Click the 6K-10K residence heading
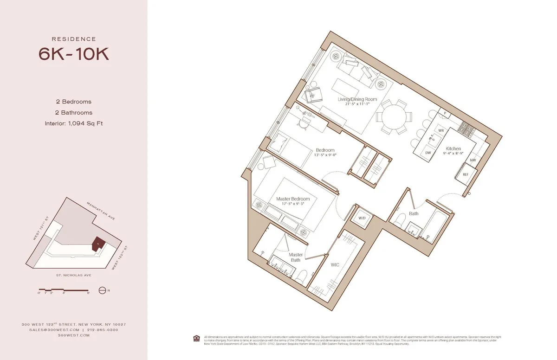[x=74, y=54]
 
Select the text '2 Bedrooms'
[x=74, y=102]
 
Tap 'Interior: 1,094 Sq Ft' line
[x=74, y=123]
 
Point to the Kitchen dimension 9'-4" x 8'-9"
[x=453, y=154]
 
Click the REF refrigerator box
[x=465, y=174]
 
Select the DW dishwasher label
[x=428, y=153]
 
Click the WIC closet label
[x=335, y=265]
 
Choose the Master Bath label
[x=296, y=257]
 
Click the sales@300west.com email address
[x=54, y=329]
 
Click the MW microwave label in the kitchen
[x=473, y=160]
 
